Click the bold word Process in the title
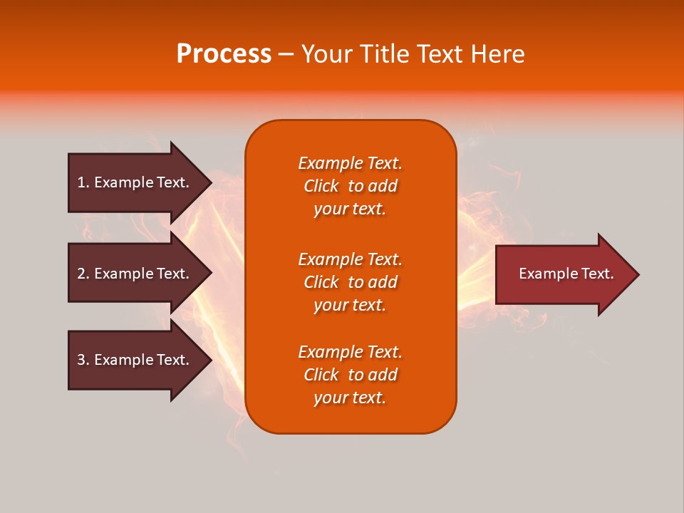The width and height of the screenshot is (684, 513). (224, 54)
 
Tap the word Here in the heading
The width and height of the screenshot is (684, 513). (497, 54)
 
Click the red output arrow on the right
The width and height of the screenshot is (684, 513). (563, 274)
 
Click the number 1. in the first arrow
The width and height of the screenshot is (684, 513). (83, 182)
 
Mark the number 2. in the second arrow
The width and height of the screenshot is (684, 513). (83, 274)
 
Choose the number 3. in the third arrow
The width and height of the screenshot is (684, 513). (83, 360)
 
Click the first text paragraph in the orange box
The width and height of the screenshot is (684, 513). (350, 186)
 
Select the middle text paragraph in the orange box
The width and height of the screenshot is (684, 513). (350, 282)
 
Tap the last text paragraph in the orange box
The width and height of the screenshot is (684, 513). (350, 375)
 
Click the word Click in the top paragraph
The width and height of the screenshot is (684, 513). (321, 186)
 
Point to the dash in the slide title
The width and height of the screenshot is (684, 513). (286, 54)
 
